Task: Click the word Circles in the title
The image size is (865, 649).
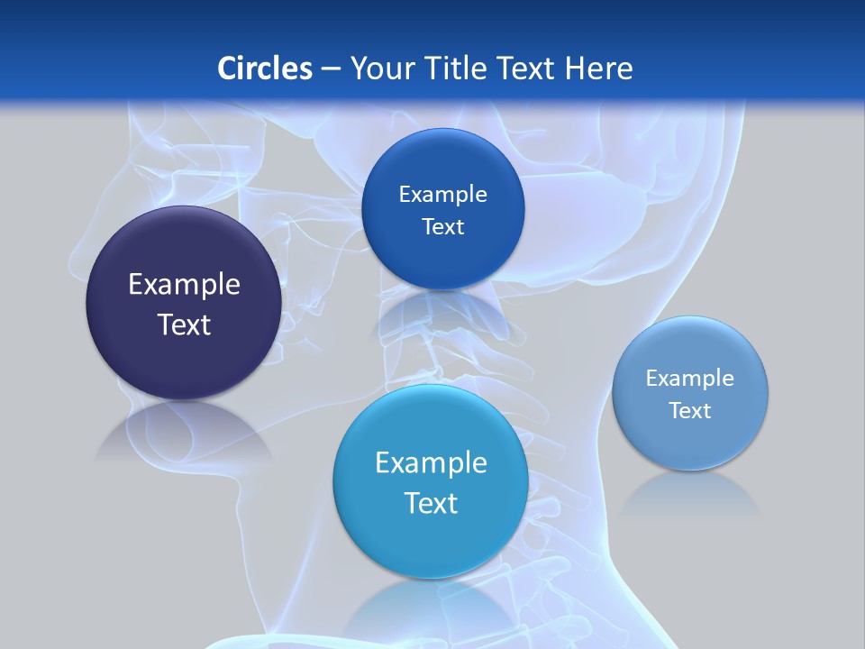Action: pyautogui.click(x=264, y=68)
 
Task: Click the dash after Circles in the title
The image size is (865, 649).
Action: pyautogui.click(x=331, y=69)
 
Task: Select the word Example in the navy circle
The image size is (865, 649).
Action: pyautogui.click(x=184, y=285)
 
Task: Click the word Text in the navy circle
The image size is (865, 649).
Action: pyautogui.click(x=184, y=324)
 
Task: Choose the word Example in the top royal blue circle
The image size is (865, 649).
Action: pyautogui.click(x=442, y=195)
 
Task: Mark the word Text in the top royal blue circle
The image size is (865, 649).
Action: pyautogui.click(x=442, y=227)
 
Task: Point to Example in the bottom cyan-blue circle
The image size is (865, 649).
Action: pyautogui.click(x=431, y=463)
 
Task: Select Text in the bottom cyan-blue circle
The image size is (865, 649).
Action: pyautogui.click(x=431, y=503)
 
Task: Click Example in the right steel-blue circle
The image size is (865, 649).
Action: pyautogui.click(x=690, y=379)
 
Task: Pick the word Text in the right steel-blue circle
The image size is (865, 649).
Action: pyautogui.click(x=690, y=411)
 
